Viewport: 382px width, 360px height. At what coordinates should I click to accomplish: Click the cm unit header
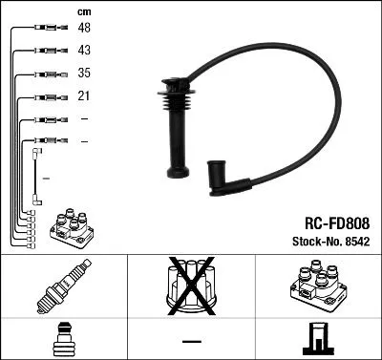[x=83, y=11]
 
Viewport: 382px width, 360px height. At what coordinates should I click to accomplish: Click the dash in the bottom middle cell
[x=191, y=340]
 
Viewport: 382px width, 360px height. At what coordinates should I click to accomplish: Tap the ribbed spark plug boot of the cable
[x=174, y=129]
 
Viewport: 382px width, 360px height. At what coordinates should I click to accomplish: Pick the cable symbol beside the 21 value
[x=45, y=97]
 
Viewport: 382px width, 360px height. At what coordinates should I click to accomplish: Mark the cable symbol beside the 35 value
[x=45, y=74]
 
